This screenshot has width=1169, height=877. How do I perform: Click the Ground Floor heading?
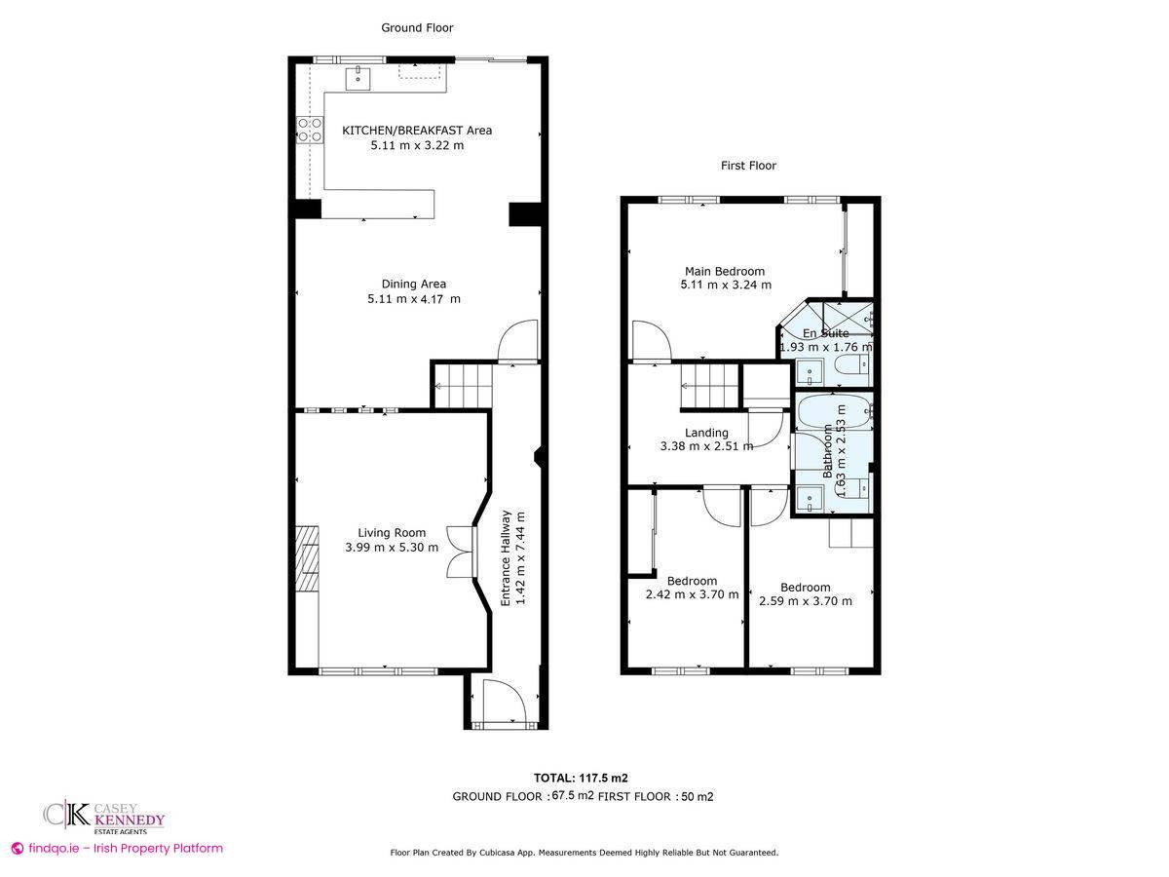click(416, 28)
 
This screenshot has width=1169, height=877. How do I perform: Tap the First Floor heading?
click(748, 166)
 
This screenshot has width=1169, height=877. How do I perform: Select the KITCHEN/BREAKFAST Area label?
click(416, 131)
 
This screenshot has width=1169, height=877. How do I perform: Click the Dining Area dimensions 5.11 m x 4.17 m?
click(414, 299)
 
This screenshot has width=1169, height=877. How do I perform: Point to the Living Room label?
click(392, 533)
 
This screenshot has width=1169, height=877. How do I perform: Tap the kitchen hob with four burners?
click(310, 130)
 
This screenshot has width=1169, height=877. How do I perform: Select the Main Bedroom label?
click(725, 272)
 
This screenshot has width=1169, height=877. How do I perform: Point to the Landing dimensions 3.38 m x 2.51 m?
click(706, 447)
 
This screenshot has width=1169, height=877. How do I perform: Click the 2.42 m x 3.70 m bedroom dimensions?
click(692, 594)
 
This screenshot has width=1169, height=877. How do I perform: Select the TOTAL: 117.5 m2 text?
click(581, 778)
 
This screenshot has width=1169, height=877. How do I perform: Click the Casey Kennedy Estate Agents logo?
click(103, 817)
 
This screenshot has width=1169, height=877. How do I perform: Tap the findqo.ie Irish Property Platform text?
click(117, 849)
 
